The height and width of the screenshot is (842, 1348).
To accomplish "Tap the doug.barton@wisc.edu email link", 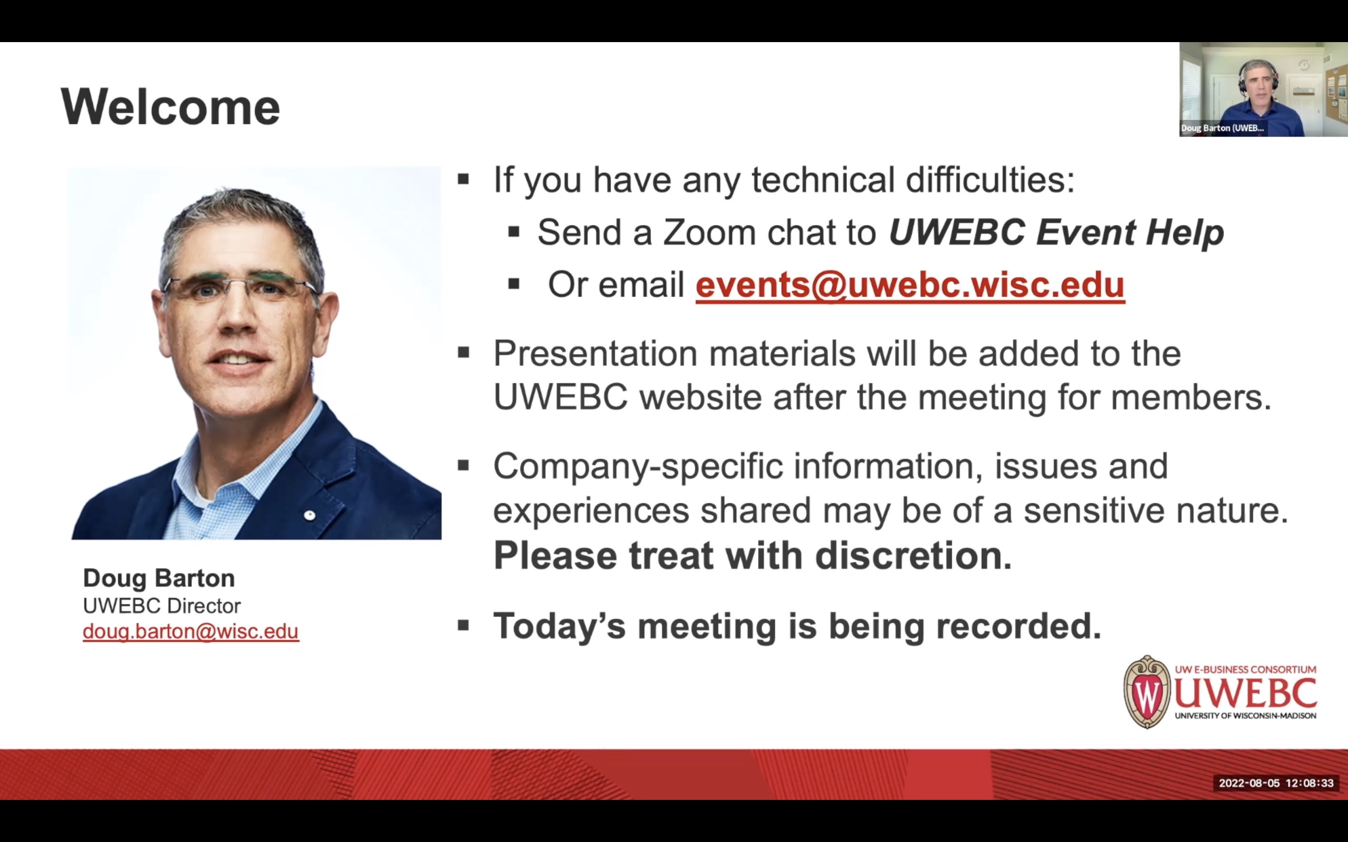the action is [190, 631].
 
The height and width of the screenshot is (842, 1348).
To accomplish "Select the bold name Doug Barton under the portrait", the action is [159, 578].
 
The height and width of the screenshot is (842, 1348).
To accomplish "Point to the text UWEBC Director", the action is [161, 605].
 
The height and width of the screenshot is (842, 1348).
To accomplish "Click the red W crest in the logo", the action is [1147, 692].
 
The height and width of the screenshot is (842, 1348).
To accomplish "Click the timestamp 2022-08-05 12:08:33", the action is [1276, 783].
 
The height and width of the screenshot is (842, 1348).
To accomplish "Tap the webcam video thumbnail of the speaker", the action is [1263, 89].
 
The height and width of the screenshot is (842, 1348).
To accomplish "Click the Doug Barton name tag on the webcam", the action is [1222, 128].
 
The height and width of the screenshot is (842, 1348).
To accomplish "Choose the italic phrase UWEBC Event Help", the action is [1056, 232].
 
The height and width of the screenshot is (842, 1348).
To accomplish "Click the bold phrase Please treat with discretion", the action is [753, 555].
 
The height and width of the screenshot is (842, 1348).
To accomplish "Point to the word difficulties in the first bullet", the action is [990, 180].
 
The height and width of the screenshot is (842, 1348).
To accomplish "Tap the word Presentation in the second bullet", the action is [595, 353].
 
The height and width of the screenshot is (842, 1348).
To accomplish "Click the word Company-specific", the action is [638, 467].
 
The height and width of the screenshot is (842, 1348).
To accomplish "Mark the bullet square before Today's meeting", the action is [463, 625].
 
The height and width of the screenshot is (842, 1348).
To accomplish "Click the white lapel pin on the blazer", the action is [310, 515].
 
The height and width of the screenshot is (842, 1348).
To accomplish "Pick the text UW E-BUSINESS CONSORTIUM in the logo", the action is [1245, 669].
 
